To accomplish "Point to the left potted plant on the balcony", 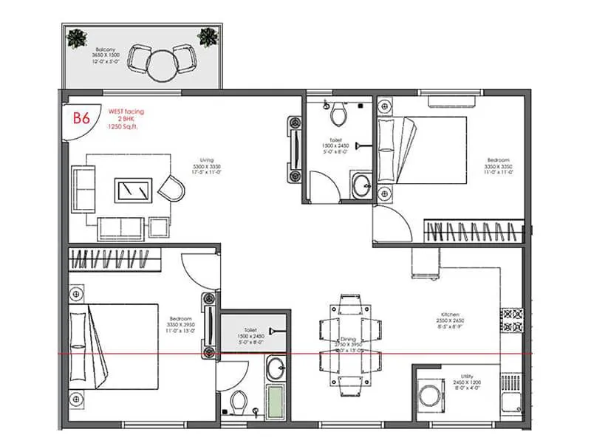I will click(x=76, y=38).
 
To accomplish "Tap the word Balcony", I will click(x=95, y=50).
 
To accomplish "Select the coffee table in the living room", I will click(x=134, y=190).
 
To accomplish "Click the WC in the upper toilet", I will click(x=339, y=114).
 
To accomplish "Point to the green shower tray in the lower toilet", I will click(x=275, y=402).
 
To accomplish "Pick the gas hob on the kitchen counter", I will click(x=512, y=320).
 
